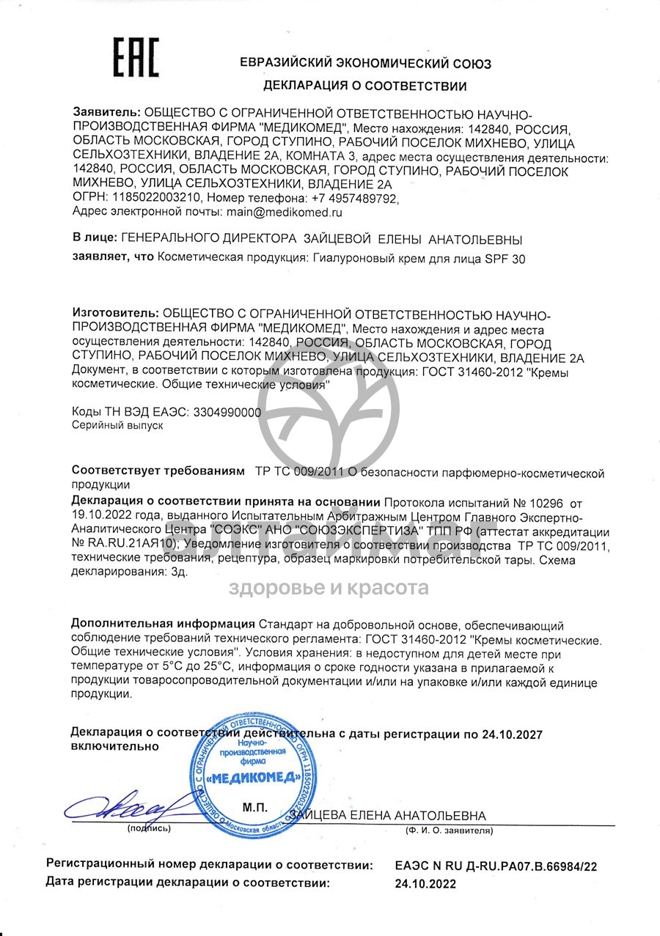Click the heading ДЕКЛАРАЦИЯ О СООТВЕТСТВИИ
364,86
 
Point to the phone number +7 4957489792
354,199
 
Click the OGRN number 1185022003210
155,199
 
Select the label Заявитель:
106,112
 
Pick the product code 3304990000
228,413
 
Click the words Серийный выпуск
117,426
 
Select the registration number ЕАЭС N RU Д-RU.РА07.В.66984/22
496,866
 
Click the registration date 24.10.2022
425,884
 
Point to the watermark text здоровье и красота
329,588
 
